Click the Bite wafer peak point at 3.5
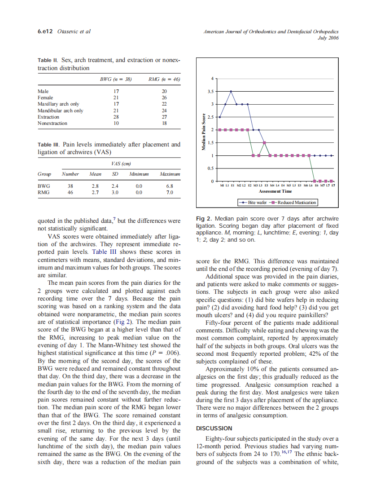click(231, 91)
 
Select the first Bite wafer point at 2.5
click(220, 117)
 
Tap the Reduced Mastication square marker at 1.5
click(265, 143)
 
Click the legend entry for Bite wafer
click(253, 203)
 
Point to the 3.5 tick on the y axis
click(213, 91)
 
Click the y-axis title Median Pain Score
click(204, 130)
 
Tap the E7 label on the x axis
click(333, 185)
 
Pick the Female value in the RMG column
click(164, 97)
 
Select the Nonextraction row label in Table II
click(52, 123)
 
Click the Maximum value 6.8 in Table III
click(169, 186)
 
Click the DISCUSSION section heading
click(214, 428)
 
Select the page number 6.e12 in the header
click(45, 31)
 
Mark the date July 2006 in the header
click(328, 38)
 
